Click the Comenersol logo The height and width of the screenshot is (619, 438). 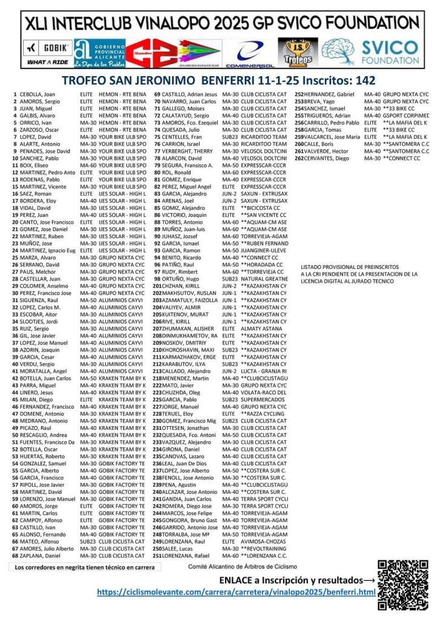click(x=254, y=53)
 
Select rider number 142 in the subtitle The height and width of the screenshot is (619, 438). click(x=363, y=80)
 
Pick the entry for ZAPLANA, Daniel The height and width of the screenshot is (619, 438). click(x=40, y=555)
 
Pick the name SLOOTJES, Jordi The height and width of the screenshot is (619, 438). click(x=37, y=320)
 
